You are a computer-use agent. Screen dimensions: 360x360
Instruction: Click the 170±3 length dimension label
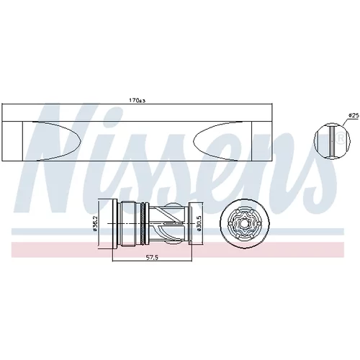[x=138, y=100]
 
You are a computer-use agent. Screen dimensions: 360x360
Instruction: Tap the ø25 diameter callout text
[x=354, y=115]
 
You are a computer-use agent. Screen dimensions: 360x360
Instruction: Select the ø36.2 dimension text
[x=95, y=223]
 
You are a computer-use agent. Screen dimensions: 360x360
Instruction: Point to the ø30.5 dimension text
[x=199, y=223]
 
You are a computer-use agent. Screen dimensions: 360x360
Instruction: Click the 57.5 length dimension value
[x=153, y=258]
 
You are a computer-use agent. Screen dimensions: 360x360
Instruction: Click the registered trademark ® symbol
[x=341, y=138]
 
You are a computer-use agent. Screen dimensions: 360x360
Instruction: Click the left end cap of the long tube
[x=12, y=141]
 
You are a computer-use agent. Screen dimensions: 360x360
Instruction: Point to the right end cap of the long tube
[x=262, y=141]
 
